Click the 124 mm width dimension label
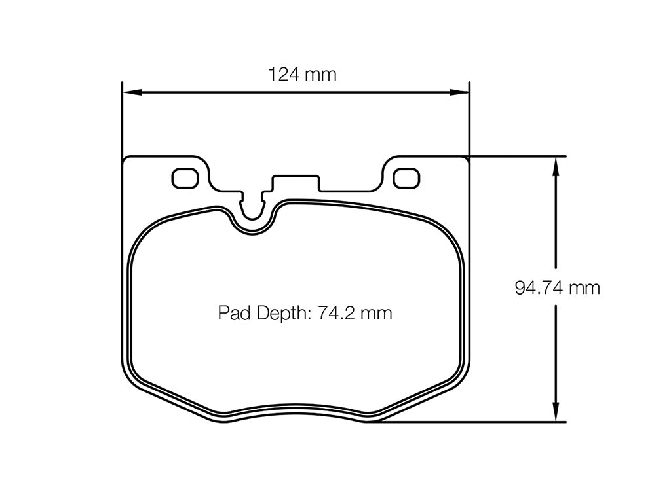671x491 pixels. [x=302, y=75]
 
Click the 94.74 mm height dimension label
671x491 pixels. [x=557, y=288]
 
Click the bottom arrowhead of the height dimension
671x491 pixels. [x=556, y=414]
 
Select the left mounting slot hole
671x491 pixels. [x=185, y=177]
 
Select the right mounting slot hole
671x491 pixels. [x=407, y=177]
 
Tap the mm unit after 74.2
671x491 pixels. [x=376, y=314]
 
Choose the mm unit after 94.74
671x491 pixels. [x=585, y=288]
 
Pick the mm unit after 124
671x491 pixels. [x=320, y=75]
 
